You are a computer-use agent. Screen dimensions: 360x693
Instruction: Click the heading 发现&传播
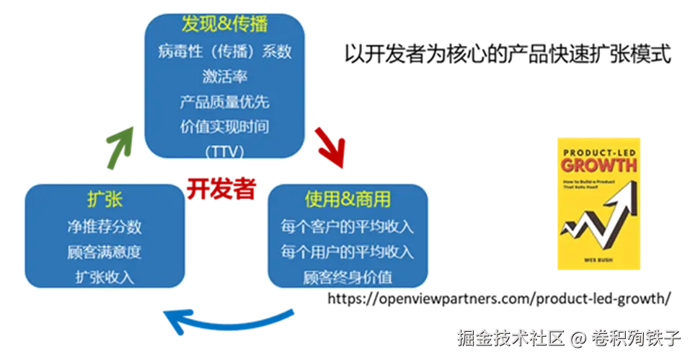(x=224, y=24)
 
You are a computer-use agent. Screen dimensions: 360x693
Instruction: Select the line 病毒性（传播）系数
(x=224, y=51)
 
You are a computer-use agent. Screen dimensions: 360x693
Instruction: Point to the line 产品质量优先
(x=224, y=102)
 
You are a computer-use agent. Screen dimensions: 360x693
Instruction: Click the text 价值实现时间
(x=224, y=127)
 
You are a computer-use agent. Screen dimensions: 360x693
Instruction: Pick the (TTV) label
(x=224, y=151)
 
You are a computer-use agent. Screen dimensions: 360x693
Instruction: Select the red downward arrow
(x=330, y=149)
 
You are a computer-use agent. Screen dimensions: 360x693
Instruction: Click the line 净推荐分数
(x=104, y=227)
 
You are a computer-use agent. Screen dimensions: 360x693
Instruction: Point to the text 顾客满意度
(x=104, y=252)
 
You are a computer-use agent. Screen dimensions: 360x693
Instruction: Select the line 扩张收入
(x=104, y=277)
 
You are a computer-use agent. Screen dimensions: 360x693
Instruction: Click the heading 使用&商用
(x=348, y=199)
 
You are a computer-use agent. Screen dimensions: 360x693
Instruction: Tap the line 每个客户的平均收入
(x=348, y=227)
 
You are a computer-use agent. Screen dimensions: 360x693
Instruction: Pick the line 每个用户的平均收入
(x=348, y=252)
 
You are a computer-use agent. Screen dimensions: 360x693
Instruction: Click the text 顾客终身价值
(x=348, y=277)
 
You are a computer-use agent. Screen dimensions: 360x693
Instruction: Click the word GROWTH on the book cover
(x=599, y=165)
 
